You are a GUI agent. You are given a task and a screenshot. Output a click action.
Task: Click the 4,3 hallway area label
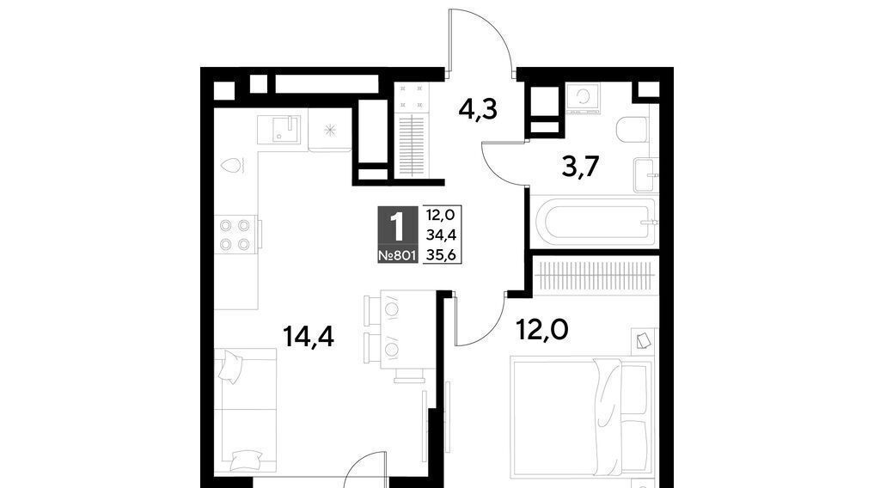click(x=478, y=109)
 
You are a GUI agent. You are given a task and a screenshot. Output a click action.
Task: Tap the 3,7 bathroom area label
click(x=580, y=166)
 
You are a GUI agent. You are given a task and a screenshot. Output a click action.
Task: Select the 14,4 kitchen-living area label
click(x=309, y=336)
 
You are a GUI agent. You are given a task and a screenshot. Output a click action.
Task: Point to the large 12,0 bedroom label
click(x=542, y=330)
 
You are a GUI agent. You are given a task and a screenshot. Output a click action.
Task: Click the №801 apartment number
click(x=397, y=256)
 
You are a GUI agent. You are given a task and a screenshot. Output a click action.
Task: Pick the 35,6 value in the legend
click(x=442, y=254)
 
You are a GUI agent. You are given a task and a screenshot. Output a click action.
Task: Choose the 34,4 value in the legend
click(x=442, y=235)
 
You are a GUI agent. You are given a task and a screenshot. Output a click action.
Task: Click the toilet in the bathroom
click(x=633, y=129)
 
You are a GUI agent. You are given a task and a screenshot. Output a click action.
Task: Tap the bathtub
click(x=594, y=222)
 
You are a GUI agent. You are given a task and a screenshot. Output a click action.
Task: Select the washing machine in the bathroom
click(x=583, y=99)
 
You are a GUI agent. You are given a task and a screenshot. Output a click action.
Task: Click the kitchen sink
click(x=278, y=130)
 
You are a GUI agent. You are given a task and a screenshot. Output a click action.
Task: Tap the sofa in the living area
click(x=246, y=412)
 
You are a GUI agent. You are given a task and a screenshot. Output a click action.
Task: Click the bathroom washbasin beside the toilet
click(x=645, y=175)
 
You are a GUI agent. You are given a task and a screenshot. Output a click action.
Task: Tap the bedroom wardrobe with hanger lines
click(x=596, y=275)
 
